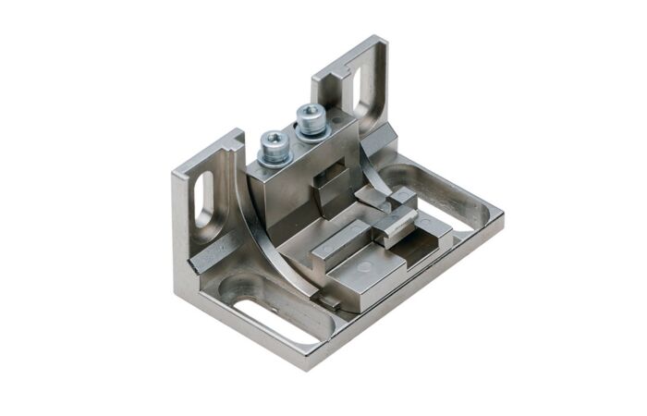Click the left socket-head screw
click(274, 145)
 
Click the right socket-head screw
click(310, 119)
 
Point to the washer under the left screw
click(274, 159)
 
